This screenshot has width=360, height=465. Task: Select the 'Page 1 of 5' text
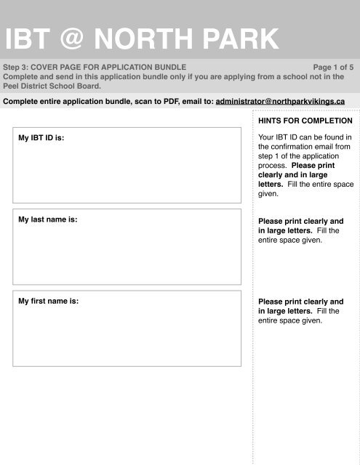point(332,66)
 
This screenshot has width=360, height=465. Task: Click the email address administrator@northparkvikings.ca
point(280,101)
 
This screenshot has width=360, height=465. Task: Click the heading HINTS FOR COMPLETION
point(305,120)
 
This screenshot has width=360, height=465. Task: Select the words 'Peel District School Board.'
point(51,84)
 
